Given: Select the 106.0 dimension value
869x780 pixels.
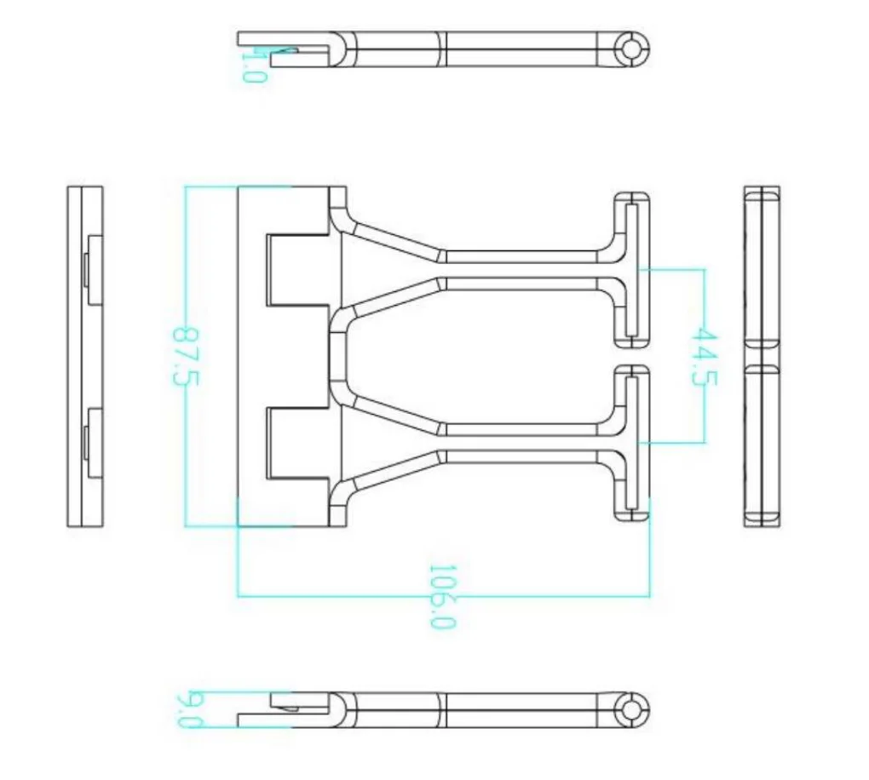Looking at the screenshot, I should (442, 596).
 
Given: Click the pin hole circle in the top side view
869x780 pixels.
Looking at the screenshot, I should (631, 49).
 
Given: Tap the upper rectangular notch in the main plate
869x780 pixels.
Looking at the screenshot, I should (296, 270).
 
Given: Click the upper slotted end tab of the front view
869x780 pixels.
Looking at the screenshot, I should (631, 270).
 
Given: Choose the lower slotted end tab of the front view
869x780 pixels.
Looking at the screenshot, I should (631, 443).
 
